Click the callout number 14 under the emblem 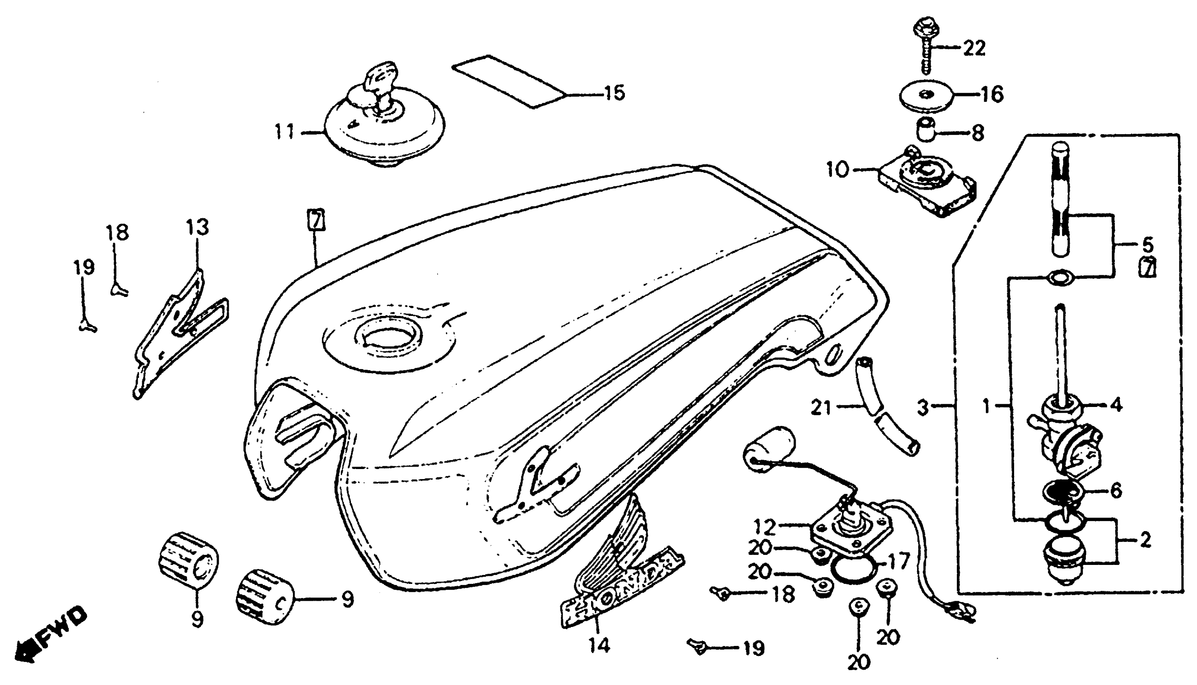pos(600,645)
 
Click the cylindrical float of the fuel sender pos(769,452)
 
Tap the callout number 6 pos(1116,491)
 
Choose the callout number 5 pos(1147,245)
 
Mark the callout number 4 pos(1116,405)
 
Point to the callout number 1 pos(987,405)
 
